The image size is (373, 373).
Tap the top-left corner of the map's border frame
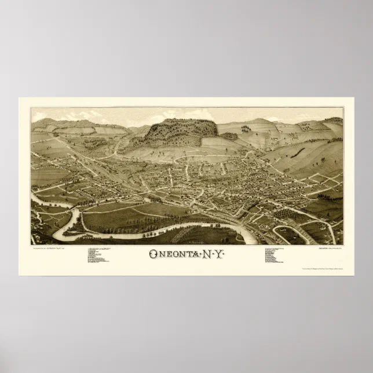[x=31, y=107]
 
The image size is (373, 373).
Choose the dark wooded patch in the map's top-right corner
[x=334, y=121]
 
